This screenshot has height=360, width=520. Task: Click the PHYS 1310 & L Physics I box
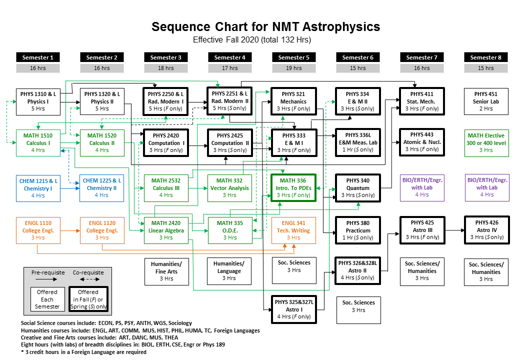pos(38,101)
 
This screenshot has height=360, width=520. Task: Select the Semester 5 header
pos(293,57)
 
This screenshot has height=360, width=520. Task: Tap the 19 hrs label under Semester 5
pos(293,68)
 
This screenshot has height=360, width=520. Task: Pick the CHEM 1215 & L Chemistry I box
pos(38,187)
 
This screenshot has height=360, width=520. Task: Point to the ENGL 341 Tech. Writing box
pos(293,230)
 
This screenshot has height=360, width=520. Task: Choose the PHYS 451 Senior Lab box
pos(485,101)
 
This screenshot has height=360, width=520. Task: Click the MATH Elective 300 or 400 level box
pos(485,142)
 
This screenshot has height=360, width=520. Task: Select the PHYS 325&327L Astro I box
pos(293,309)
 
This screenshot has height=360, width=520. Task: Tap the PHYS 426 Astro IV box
pos(485,230)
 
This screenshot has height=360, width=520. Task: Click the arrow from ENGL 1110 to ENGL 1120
pos(69,230)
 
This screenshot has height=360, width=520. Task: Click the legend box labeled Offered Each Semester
pos(47,299)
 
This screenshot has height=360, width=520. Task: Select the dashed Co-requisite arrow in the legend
pos(88,279)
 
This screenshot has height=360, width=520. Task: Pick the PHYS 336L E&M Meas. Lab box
pos(357,142)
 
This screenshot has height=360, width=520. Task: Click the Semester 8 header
pos(485,57)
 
